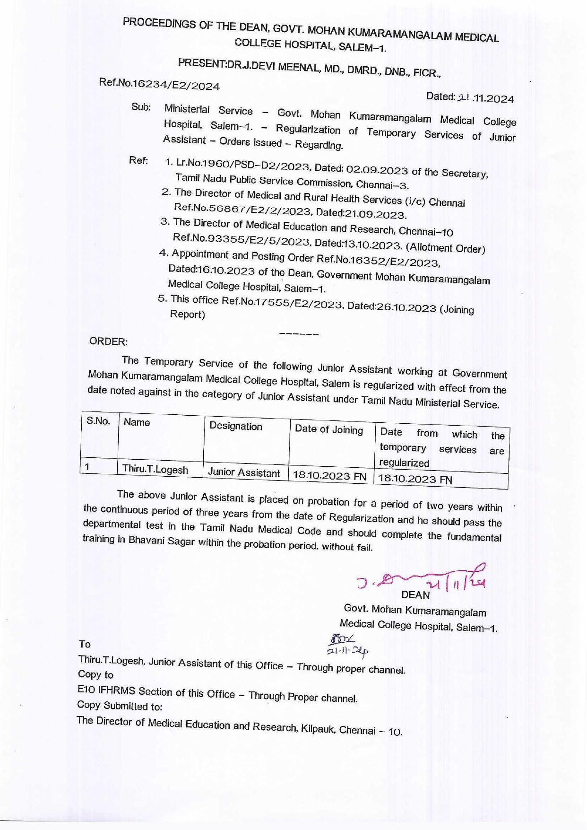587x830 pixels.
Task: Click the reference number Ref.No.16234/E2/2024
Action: pyautogui.click(x=159, y=84)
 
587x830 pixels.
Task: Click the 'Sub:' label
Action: pyautogui.click(x=141, y=107)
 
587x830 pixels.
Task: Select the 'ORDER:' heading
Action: pyautogui.click(x=108, y=341)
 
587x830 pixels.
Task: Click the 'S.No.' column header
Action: pyautogui.click(x=98, y=420)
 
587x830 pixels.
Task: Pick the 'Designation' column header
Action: pyautogui.click(x=235, y=426)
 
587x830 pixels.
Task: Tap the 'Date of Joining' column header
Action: pyautogui.click(x=329, y=429)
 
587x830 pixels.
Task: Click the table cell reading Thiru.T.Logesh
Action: pyautogui.click(x=155, y=469)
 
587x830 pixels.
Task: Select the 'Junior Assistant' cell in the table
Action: pyautogui.click(x=244, y=472)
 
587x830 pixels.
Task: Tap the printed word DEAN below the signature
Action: pyautogui.click(x=415, y=595)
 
